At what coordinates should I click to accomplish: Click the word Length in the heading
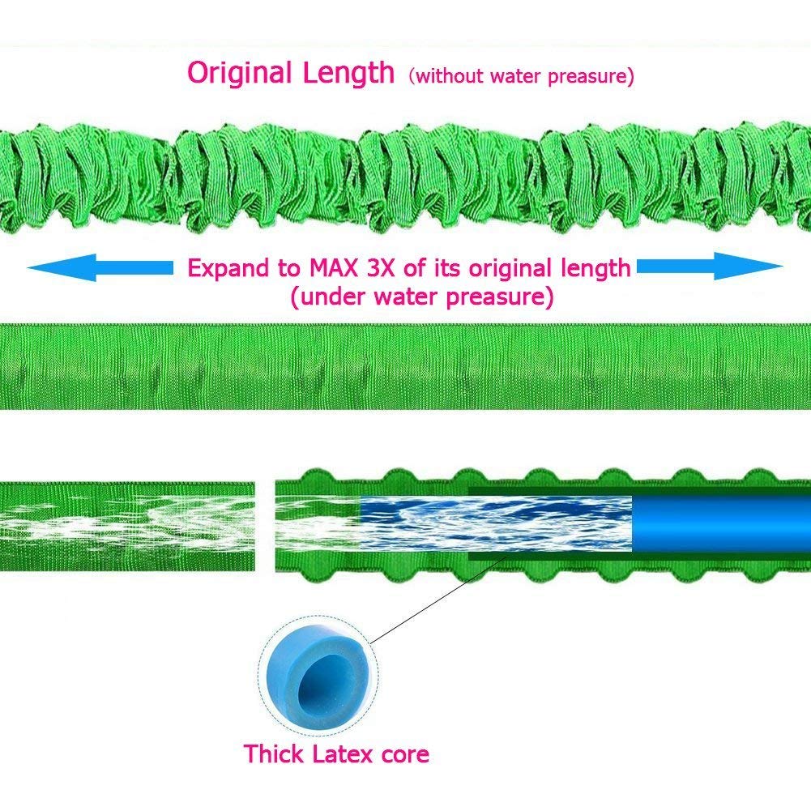tap(348, 73)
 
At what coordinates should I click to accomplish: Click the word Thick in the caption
tap(274, 754)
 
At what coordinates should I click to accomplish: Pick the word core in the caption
tap(401, 755)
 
